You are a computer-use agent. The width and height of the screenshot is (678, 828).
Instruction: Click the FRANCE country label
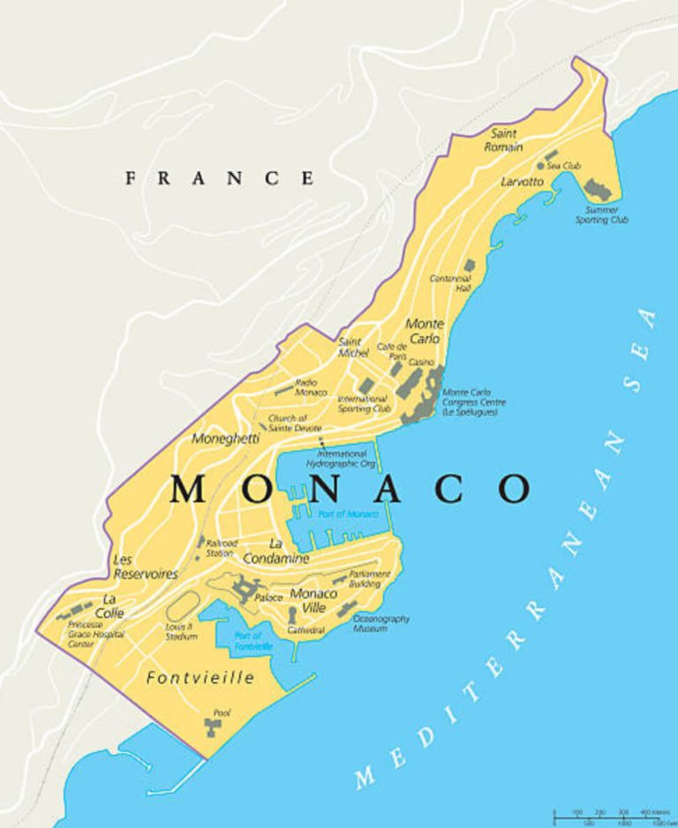click(220, 178)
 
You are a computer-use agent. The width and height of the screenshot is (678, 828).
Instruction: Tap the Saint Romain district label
click(504, 139)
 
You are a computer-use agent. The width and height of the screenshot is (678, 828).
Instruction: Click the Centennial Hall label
click(450, 282)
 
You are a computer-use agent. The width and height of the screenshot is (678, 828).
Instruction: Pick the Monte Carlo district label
click(424, 331)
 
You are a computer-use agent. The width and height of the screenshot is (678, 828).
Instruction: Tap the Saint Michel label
click(352, 347)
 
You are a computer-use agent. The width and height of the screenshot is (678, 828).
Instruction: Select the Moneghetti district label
click(226, 438)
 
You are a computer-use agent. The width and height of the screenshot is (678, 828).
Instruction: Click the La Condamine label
click(289, 551)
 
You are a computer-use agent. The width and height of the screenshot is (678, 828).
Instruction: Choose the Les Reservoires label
click(145, 567)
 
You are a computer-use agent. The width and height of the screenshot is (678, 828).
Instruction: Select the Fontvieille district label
click(200, 678)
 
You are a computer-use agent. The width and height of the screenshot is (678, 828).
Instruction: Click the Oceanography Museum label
click(380, 624)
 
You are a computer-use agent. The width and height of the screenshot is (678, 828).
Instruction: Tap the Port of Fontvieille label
click(248, 642)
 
